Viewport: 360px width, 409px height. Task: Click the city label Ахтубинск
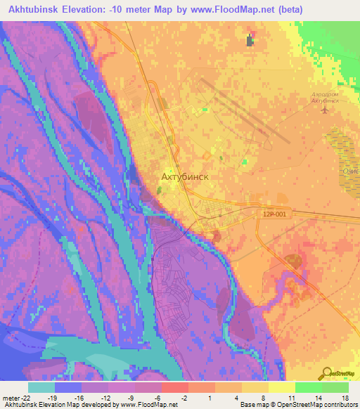185,177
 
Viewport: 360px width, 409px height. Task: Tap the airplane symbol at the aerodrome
324,110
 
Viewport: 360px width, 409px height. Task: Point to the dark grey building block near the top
250,40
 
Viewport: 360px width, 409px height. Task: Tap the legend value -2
184,397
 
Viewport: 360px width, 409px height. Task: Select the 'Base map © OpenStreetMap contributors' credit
298,405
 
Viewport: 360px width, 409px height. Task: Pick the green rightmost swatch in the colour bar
335,387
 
